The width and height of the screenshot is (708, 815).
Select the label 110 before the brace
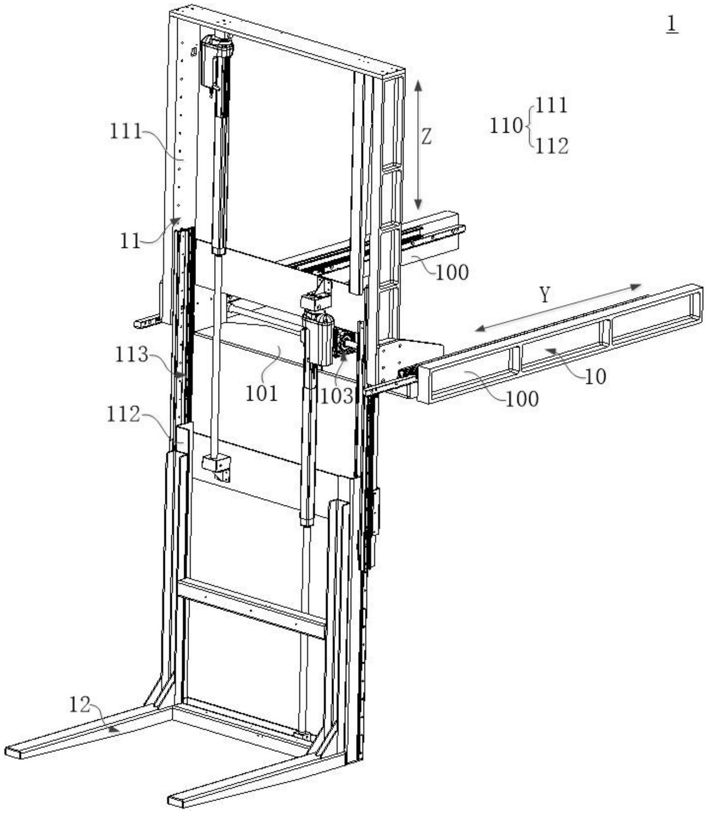505,126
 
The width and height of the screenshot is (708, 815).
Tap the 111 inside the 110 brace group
551,106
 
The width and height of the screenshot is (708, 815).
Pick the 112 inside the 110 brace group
551,146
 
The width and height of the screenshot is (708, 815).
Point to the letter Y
545,295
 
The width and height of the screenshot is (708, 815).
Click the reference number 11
130,241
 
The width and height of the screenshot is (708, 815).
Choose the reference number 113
131,355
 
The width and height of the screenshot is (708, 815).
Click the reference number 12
80,705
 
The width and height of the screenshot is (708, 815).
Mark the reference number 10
595,377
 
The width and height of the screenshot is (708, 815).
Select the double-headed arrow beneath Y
558,308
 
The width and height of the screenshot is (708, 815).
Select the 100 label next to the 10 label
522,399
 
